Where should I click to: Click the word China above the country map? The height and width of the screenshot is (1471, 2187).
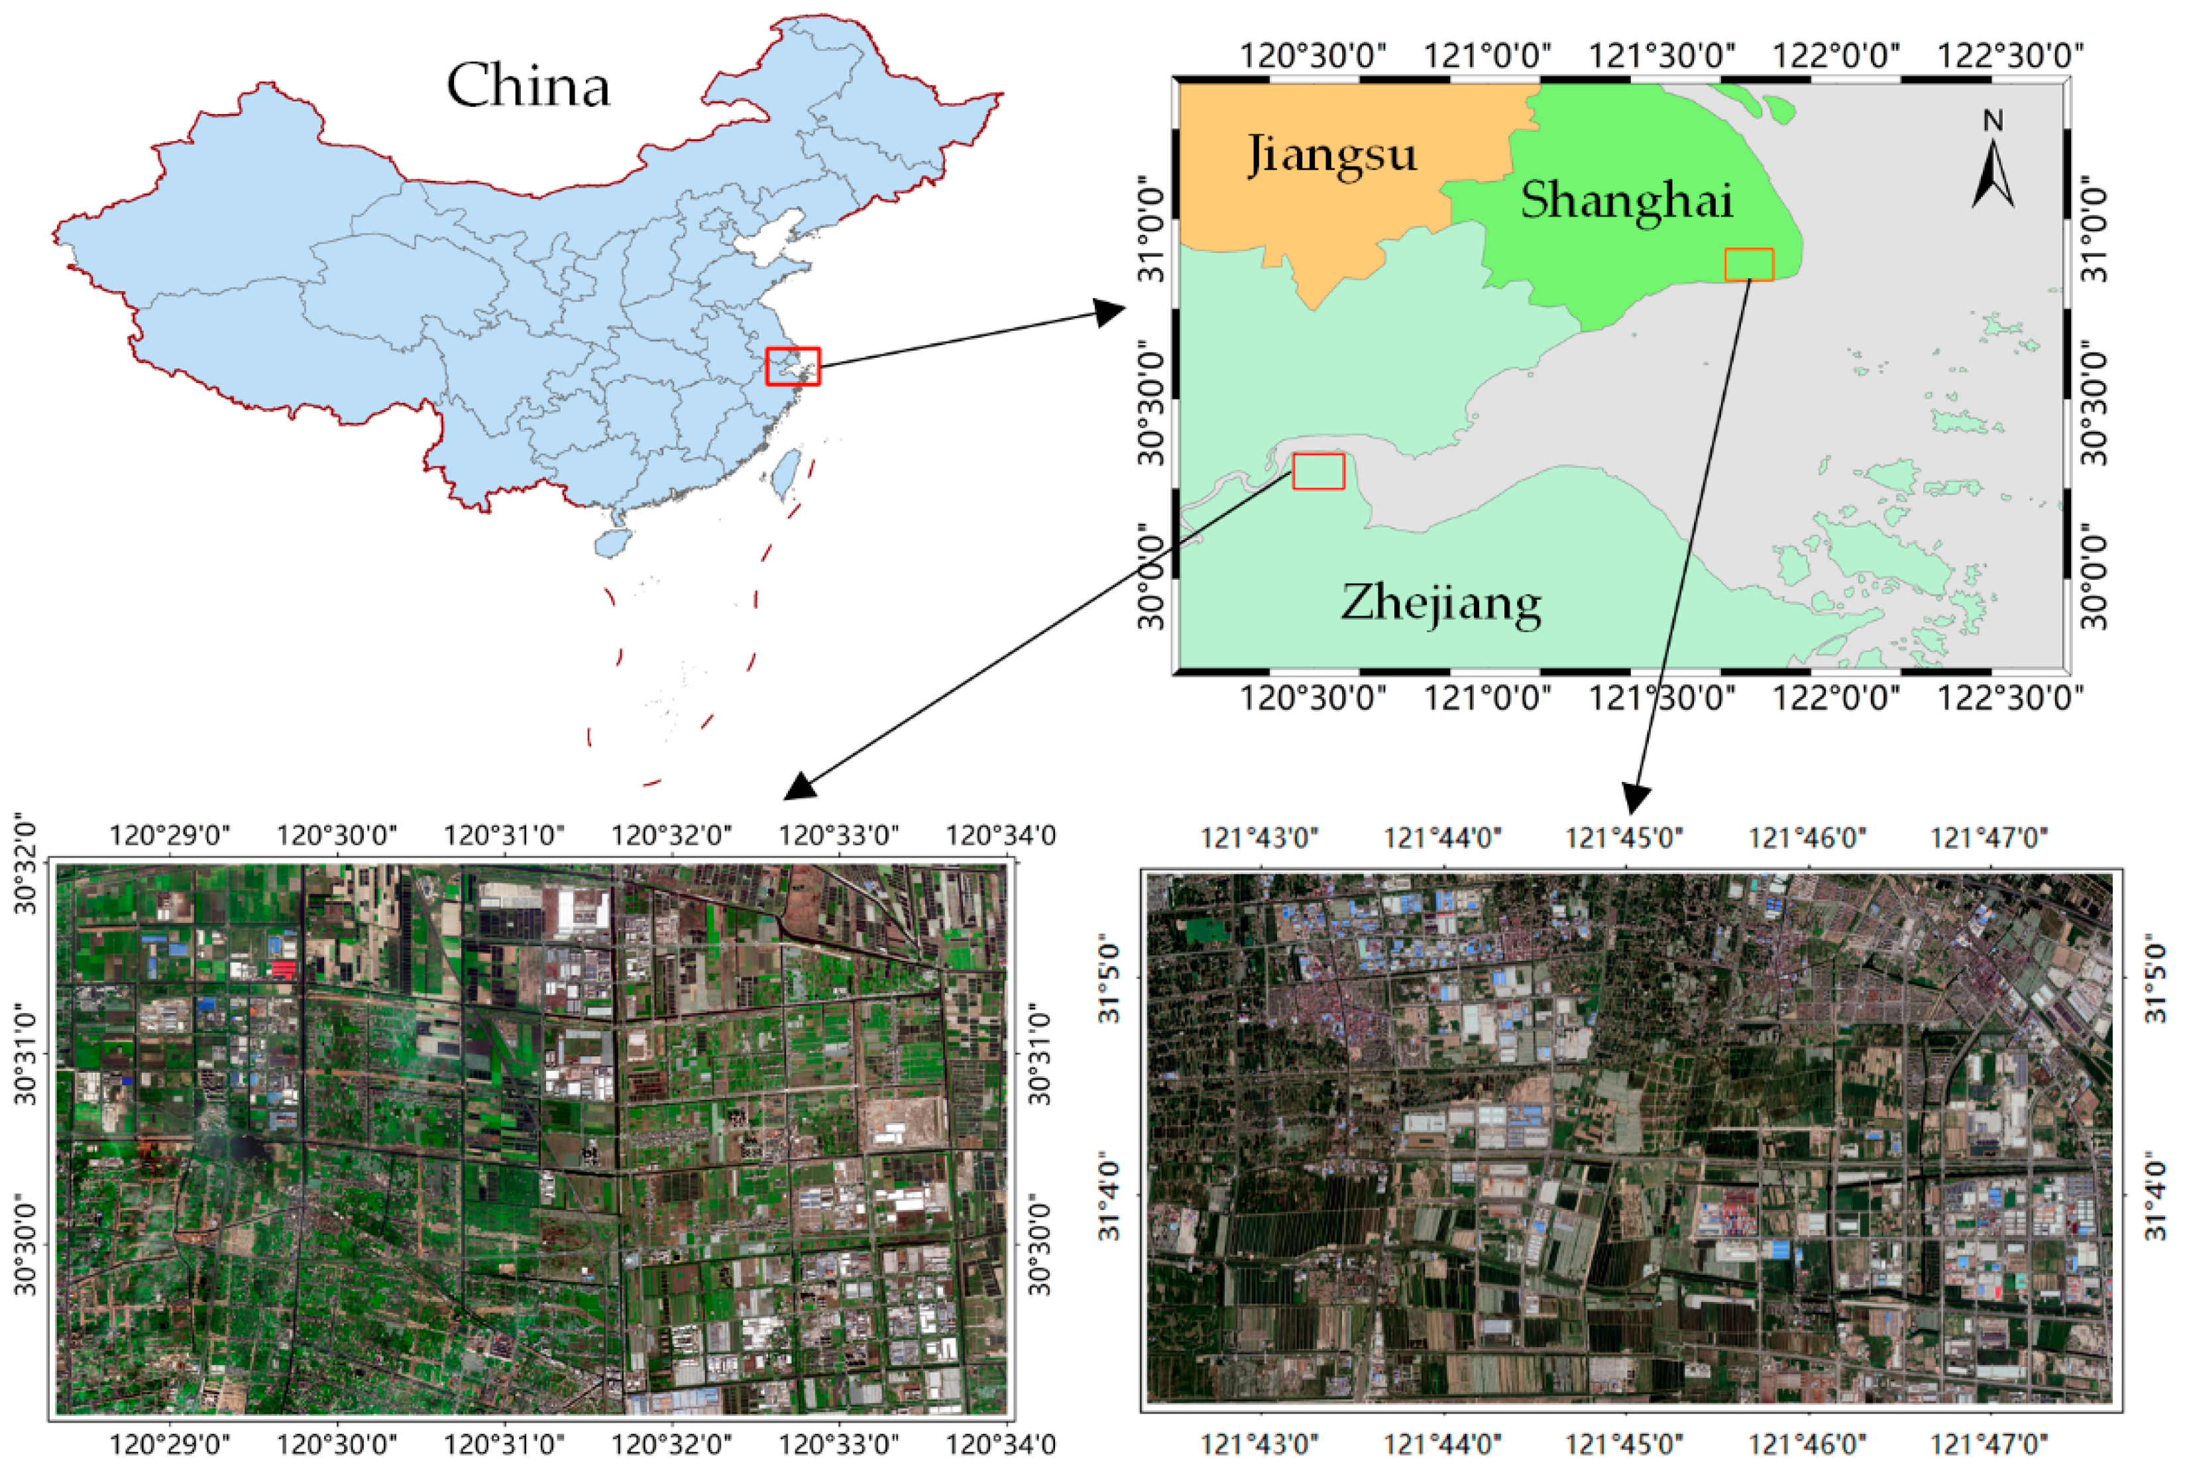coord(528,86)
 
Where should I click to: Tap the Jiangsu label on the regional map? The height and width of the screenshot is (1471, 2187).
coord(1331,155)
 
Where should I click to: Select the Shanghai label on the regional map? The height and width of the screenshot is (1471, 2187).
coord(1626,201)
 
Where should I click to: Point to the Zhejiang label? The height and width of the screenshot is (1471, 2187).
coord(1440,602)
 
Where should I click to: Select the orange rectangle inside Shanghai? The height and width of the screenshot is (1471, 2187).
coord(1749,264)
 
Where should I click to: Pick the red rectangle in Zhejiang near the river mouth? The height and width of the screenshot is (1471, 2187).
coord(1318,471)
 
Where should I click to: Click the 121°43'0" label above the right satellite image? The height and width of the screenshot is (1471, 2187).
coord(1259,837)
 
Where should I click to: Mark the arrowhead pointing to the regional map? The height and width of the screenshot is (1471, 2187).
coord(1112,312)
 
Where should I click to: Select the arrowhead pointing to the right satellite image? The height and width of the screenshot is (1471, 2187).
coord(1636,797)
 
